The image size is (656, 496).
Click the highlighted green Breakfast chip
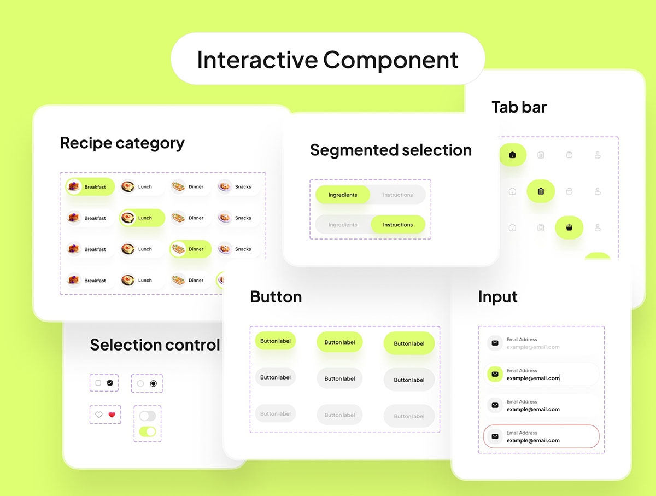coord(90,187)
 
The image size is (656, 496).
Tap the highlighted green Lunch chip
coord(142,218)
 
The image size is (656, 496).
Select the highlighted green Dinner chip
coord(191,249)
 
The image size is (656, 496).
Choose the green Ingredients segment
coord(343,195)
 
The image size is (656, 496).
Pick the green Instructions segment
coord(398,225)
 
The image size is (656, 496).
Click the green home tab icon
coord(512,155)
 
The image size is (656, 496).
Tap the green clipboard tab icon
coord(541,191)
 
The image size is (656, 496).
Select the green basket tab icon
coord(569,228)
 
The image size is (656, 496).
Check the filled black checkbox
coord(110,383)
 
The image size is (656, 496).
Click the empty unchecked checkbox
coord(98,383)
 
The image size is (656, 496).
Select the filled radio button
coord(153,383)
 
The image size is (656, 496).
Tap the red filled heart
coord(112,415)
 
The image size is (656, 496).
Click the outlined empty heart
coord(98,415)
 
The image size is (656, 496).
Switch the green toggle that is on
coord(148,431)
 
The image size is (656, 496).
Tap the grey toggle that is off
coord(148,416)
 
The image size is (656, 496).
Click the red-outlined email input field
coord(541,436)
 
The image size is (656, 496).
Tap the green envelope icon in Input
coord(495,374)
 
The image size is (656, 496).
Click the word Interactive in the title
coord(257,60)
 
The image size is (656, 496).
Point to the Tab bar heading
coord(519,107)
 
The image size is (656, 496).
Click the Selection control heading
coord(155,345)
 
